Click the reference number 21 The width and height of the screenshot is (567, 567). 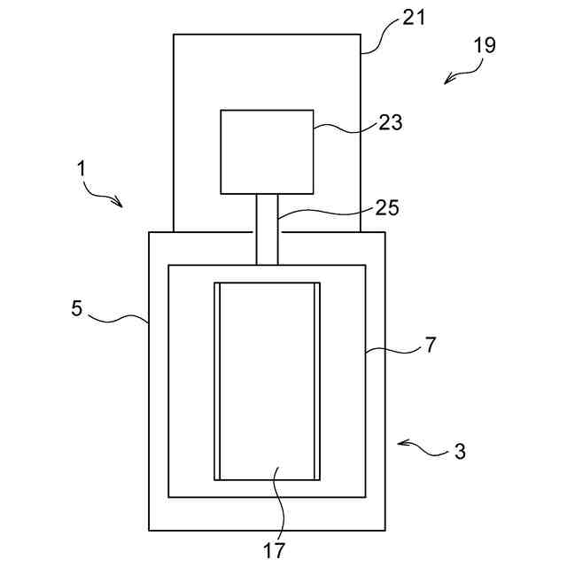coord(414,18)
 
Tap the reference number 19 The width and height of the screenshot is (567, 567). coord(485,45)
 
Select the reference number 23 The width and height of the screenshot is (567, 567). coord(390,122)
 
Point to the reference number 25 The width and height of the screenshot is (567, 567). coord(387,208)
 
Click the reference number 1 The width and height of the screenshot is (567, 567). coord(82,166)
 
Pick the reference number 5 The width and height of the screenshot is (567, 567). coord(77,308)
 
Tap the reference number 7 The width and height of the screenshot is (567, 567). coord(431,345)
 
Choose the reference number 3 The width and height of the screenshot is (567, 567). coord(460,451)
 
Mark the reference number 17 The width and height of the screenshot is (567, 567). coord(275,549)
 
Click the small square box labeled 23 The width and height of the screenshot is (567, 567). coord(267,151)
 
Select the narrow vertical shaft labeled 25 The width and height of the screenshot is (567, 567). coord(267,229)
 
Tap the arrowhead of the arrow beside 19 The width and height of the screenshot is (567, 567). coord(447,82)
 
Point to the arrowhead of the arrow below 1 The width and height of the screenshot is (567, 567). coord(120,205)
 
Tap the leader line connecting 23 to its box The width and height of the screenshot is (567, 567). coord(344,130)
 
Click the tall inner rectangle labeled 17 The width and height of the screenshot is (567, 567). coord(267,381)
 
